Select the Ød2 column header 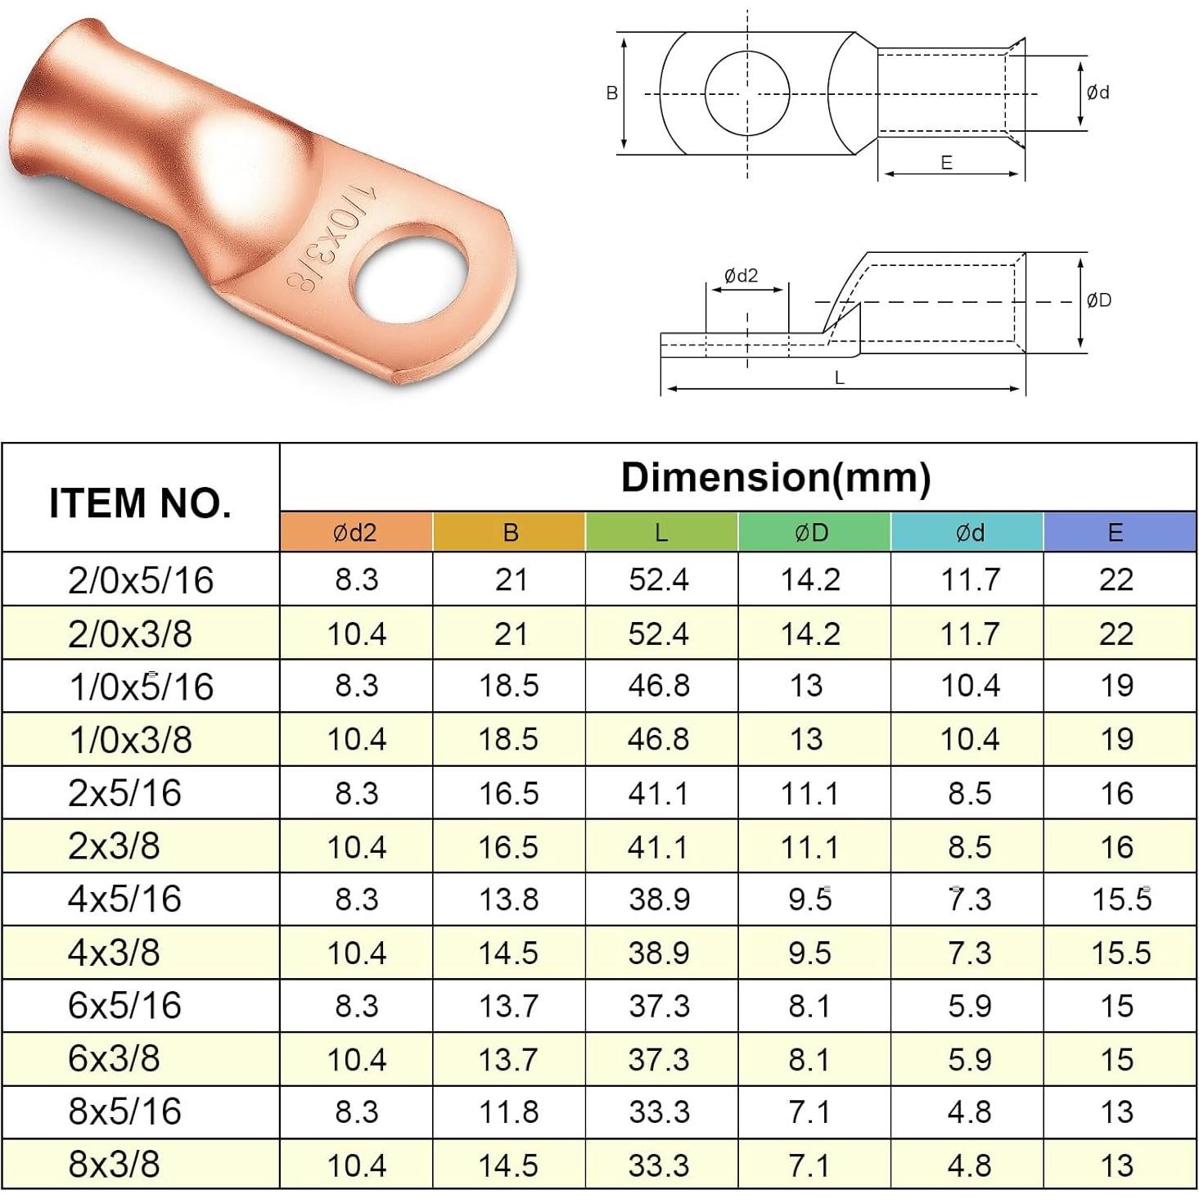click(x=355, y=533)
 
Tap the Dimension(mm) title click(x=775, y=477)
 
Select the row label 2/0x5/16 click(x=141, y=580)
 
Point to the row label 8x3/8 click(x=115, y=1164)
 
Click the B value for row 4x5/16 click(x=508, y=899)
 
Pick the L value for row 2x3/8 click(x=660, y=847)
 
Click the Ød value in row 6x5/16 click(x=970, y=1006)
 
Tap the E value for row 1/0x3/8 click(x=1117, y=740)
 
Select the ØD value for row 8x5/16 click(x=810, y=1112)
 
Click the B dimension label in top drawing click(x=612, y=93)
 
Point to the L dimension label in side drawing click(x=840, y=377)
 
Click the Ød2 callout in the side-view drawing click(x=741, y=276)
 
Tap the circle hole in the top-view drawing click(x=747, y=93)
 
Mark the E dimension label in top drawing click(x=947, y=163)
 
